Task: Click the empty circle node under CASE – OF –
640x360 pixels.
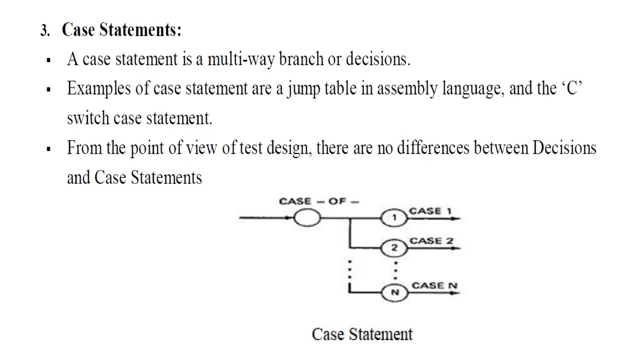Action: [307, 217]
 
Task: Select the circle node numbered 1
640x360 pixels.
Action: [394, 217]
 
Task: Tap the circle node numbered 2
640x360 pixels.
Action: [394, 248]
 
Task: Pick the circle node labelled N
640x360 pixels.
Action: [395, 293]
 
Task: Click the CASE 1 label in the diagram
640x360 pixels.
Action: [430, 211]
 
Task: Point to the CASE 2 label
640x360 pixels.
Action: [431, 241]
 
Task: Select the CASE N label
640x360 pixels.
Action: [434, 286]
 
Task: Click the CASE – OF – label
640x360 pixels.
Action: [319, 201]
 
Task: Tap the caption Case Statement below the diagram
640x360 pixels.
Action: [362, 334]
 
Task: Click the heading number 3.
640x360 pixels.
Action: [45, 31]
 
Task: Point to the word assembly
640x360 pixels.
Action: [407, 88]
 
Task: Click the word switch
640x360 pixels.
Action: [88, 118]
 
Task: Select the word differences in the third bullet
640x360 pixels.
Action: [433, 148]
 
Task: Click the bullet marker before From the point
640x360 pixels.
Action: [48, 149]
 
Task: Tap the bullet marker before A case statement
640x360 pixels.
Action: [48, 60]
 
